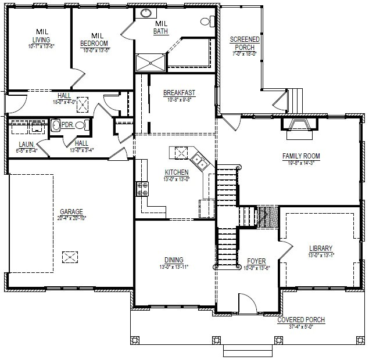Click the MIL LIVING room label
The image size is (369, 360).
41,35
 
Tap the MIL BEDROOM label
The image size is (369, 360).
95,40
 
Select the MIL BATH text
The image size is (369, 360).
162,27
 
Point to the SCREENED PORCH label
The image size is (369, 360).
244,44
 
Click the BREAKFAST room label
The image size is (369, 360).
179,93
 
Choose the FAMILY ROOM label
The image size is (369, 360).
302,156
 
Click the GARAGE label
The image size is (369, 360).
71,212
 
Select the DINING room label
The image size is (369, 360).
174,260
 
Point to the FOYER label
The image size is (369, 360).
256,261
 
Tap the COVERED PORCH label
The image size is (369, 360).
300,320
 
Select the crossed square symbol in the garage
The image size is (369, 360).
70,257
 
